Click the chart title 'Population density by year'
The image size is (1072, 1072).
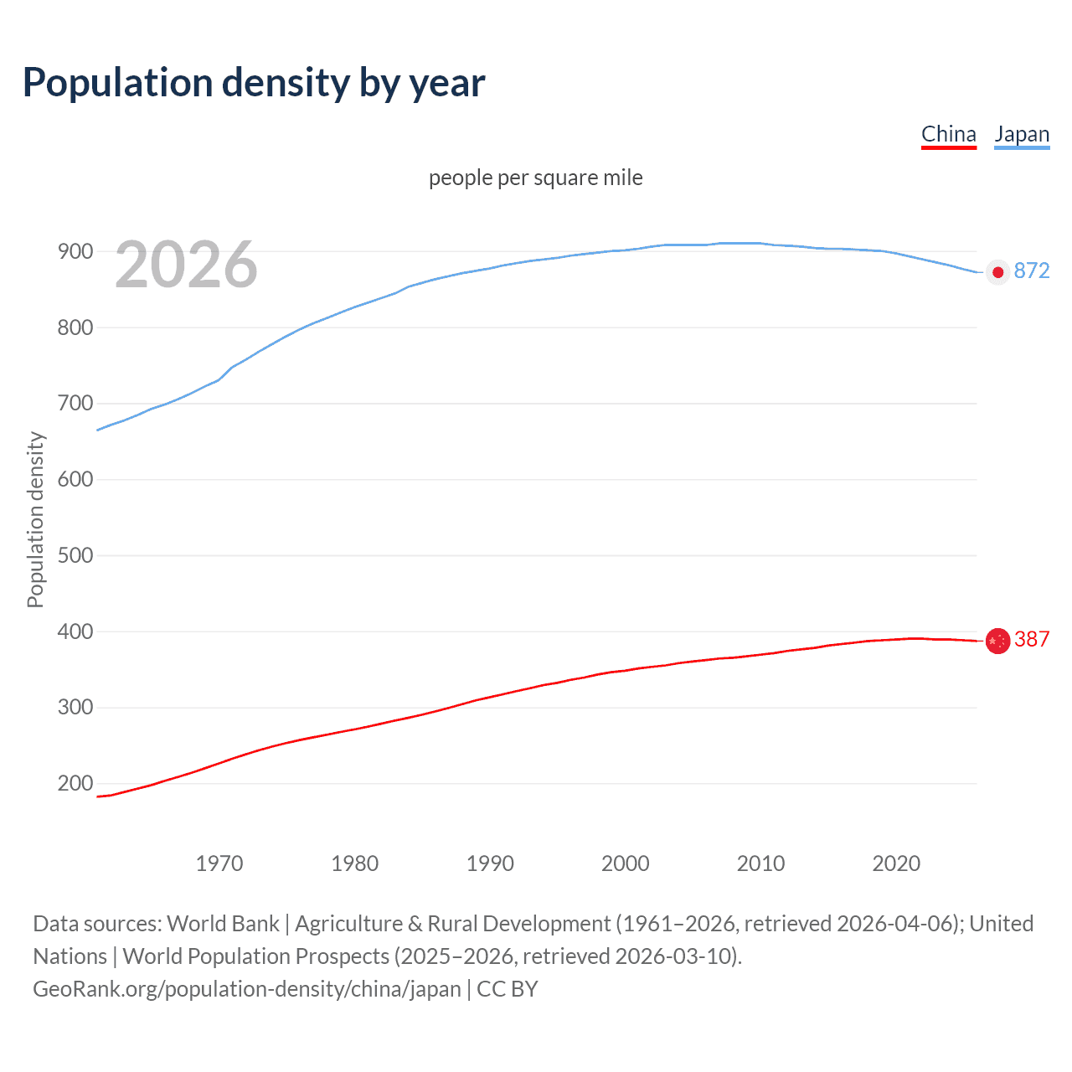tap(254, 83)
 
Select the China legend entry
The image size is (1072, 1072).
tap(948, 135)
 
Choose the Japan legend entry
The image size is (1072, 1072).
tap(1021, 135)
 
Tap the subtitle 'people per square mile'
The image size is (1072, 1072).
tap(535, 178)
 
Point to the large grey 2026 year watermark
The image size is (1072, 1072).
tap(186, 265)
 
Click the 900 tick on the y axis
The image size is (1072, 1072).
tap(75, 251)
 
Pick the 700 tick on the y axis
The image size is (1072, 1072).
tap(75, 404)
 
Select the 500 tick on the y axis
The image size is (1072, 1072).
tap(75, 555)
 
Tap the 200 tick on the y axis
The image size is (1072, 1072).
tap(75, 784)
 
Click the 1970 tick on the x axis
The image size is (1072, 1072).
tap(219, 863)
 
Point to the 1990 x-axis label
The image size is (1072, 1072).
tap(490, 863)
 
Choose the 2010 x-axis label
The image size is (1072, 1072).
tap(760, 863)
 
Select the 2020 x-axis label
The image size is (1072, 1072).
tap(896, 863)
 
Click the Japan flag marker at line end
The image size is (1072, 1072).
tap(997, 272)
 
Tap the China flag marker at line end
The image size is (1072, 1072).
tap(997, 641)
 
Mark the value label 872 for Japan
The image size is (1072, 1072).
tap(1031, 271)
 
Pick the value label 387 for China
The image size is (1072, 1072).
tap(1031, 640)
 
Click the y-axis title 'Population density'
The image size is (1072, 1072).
tap(35, 519)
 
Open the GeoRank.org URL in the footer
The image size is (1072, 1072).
tap(247, 989)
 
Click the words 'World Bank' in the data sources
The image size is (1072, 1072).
tap(223, 924)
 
